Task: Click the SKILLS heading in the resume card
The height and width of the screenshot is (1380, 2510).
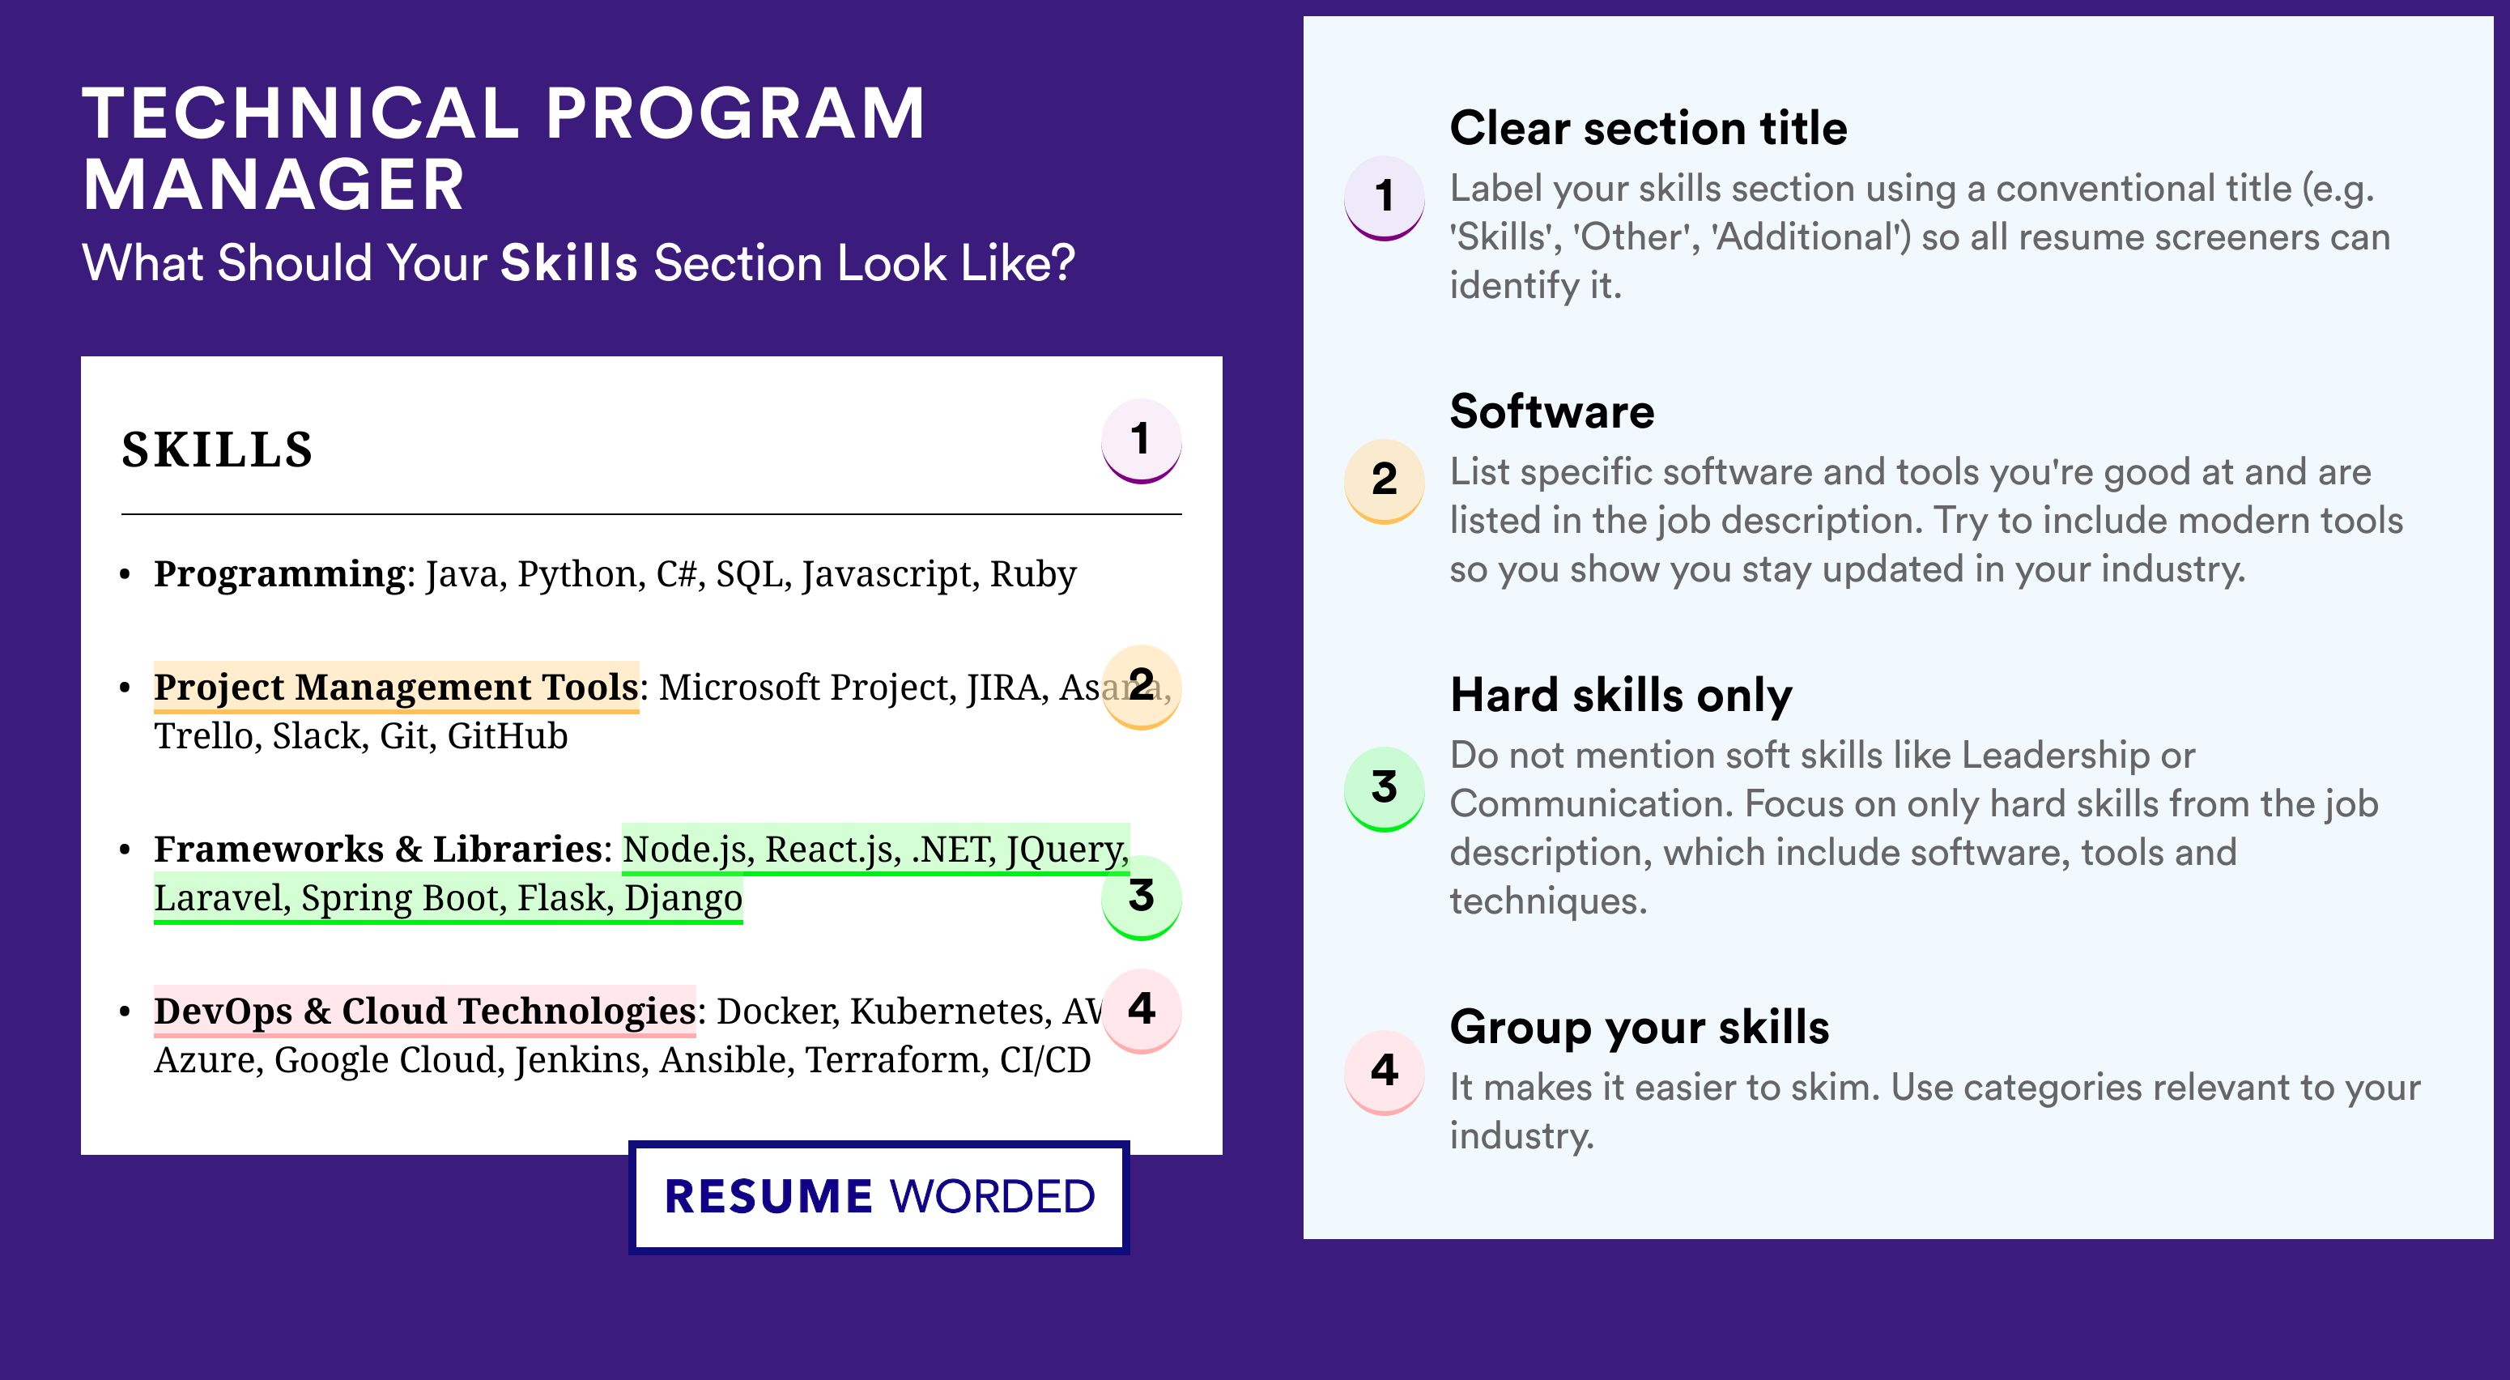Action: (x=216, y=449)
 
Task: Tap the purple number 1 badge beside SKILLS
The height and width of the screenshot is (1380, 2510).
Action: (x=1141, y=441)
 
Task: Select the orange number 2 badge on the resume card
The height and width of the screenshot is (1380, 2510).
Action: (x=1141, y=686)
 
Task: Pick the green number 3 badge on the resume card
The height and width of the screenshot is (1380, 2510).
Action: (x=1141, y=897)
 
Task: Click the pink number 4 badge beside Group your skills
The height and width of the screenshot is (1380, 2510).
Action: (x=1385, y=1072)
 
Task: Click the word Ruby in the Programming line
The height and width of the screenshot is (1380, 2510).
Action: (x=1033, y=575)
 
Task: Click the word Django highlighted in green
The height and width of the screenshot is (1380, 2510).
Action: (x=683, y=899)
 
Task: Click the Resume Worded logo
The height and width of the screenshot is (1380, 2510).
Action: (x=878, y=1197)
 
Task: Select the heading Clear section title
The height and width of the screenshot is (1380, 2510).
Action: (x=1648, y=128)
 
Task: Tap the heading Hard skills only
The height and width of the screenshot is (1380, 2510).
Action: (x=1620, y=696)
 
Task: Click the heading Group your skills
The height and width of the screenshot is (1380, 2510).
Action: (x=1639, y=1027)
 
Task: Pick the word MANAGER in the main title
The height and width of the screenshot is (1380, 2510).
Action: (x=274, y=185)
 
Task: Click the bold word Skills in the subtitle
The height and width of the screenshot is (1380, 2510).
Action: (x=569, y=263)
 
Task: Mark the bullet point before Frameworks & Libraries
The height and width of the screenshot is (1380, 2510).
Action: (x=125, y=850)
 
